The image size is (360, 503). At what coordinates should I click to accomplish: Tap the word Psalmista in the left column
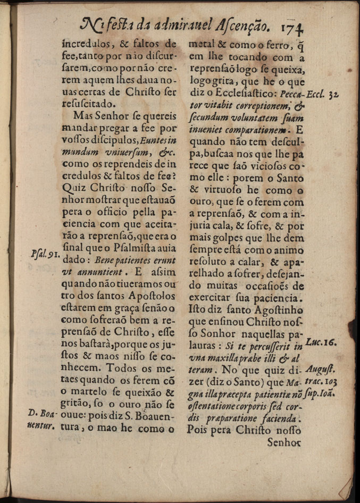pyautogui.click(x=133, y=247)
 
